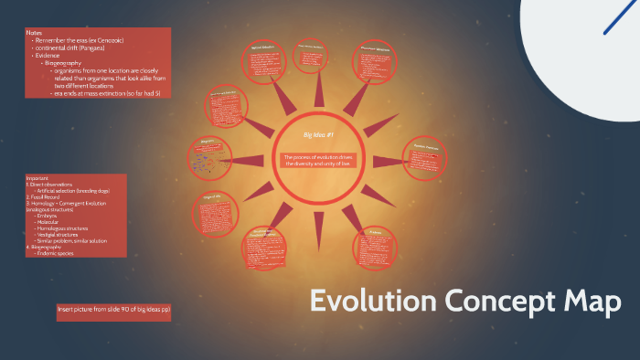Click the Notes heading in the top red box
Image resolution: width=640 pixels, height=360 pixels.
click(x=35, y=33)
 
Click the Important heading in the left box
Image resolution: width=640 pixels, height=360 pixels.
click(x=38, y=177)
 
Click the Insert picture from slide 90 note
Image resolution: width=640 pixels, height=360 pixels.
click(x=114, y=310)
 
